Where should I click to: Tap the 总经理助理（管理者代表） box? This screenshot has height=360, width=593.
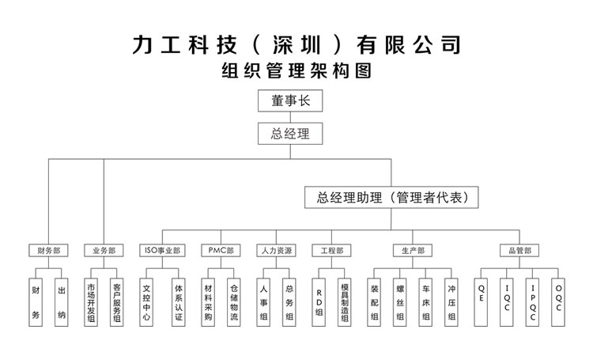point(392,198)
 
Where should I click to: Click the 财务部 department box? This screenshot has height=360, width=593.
point(48,251)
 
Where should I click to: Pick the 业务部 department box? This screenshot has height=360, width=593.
point(104,251)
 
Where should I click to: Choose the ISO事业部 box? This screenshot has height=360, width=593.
point(161,251)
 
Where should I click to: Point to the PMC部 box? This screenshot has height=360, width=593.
point(221,251)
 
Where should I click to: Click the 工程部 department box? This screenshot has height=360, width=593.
point(331,251)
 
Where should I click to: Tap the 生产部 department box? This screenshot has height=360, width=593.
point(412,251)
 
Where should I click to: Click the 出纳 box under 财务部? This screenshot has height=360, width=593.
point(62,301)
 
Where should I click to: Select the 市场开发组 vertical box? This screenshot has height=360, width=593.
point(91,301)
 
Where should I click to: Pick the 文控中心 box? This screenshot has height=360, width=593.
point(146,301)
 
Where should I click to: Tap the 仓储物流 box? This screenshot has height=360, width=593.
point(233,301)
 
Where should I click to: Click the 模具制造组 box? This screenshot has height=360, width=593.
point(345,301)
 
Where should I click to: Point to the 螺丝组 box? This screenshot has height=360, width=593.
point(401,301)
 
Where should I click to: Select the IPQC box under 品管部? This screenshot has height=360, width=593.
point(534,301)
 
